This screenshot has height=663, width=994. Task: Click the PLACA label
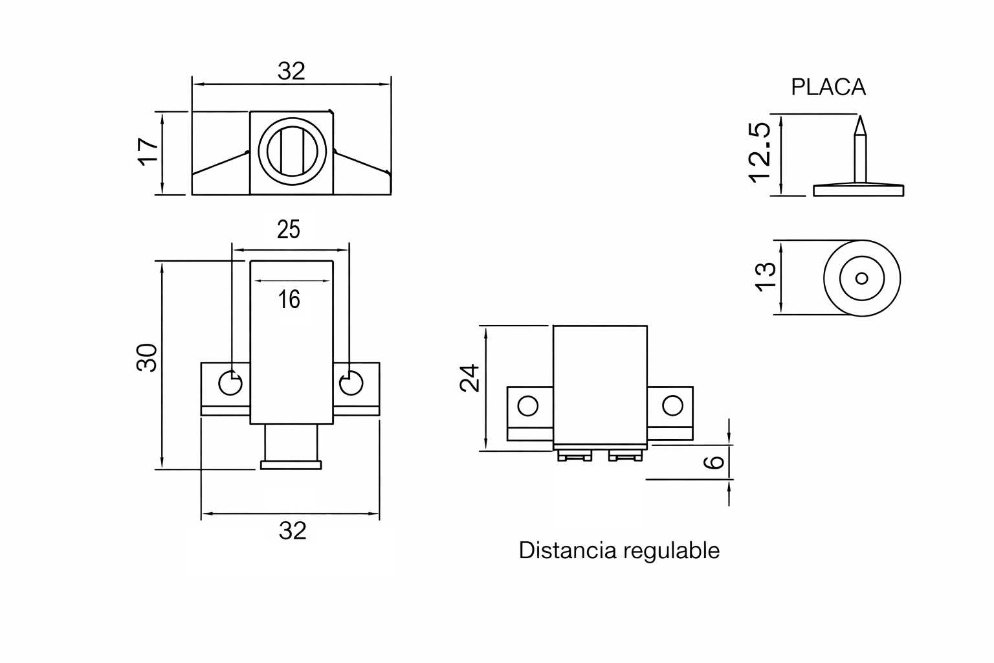[828, 87]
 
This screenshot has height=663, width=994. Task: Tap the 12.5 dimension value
[758, 153]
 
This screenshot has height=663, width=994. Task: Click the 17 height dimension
[148, 152]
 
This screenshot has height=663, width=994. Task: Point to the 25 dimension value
[289, 230]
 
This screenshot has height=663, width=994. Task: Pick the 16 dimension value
[289, 299]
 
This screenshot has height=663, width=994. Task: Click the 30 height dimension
[147, 357]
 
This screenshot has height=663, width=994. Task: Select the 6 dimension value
[713, 462]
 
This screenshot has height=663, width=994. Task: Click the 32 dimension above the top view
[291, 71]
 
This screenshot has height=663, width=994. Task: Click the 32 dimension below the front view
[292, 531]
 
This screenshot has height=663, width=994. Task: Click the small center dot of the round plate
[861, 278]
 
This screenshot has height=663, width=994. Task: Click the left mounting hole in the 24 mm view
[528, 407]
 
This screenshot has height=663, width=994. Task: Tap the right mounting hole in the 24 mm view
[672, 407]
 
